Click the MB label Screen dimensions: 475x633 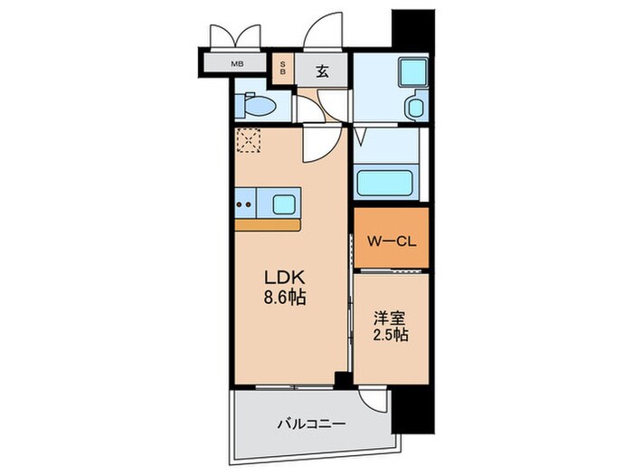click(237, 63)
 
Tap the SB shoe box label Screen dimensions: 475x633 click(283, 68)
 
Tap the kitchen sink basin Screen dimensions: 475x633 click(283, 202)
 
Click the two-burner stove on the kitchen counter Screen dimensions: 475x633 click(245, 203)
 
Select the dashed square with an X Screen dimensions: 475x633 click(249, 141)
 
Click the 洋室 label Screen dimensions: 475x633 click(390, 318)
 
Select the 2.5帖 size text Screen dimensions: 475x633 click(390, 336)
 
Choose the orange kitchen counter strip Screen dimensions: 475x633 click(267, 223)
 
